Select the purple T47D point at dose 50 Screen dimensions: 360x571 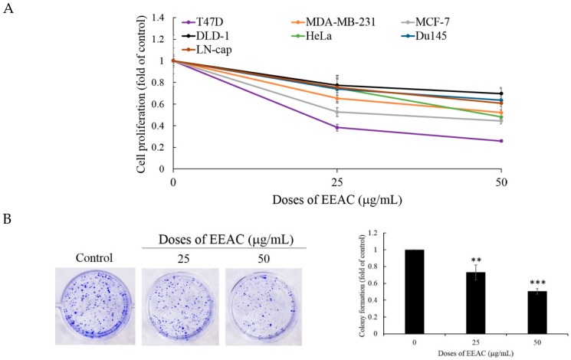501,141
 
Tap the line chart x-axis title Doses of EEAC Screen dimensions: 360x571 337,199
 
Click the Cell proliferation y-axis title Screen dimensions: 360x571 143,93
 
